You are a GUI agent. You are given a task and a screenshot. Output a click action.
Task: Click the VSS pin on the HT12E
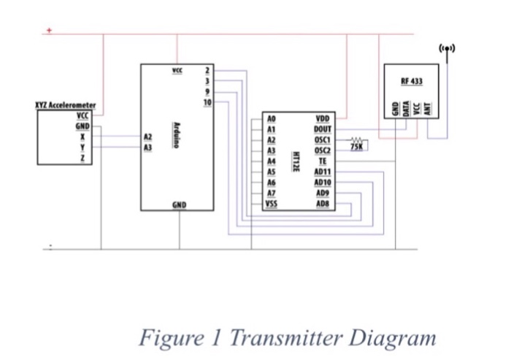(x=272, y=204)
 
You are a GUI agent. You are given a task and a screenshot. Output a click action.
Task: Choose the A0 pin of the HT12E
(x=272, y=117)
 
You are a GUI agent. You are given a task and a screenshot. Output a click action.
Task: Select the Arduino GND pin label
(x=178, y=205)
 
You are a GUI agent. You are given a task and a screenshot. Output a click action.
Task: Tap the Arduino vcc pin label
(x=177, y=69)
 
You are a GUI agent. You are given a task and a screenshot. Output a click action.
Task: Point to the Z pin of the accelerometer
(x=82, y=158)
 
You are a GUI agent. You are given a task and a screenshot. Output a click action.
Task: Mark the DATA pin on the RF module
(x=406, y=107)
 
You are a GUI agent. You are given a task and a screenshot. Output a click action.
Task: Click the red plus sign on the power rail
(x=50, y=31)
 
